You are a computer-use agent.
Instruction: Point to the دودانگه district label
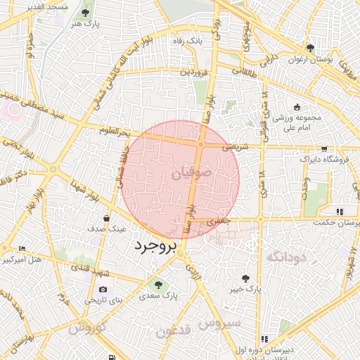click(287, 257)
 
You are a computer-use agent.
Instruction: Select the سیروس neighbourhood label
click(219, 323)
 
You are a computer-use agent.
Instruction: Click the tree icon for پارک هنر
click(85, 13)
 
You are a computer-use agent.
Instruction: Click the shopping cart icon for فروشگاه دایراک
click(324, 148)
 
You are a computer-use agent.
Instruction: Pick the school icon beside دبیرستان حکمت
click(340, 211)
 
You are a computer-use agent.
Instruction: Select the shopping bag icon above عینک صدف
click(106, 218)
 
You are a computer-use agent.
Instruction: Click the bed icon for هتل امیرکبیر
click(22, 248)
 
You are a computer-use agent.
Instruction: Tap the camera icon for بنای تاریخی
click(103, 289)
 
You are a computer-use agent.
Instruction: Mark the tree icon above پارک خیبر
click(245, 278)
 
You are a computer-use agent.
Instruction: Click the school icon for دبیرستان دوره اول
click(264, 339)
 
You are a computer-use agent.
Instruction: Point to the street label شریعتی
click(236, 148)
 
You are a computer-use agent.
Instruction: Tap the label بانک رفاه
click(189, 41)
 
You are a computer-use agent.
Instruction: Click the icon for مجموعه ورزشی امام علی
click(297, 107)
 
